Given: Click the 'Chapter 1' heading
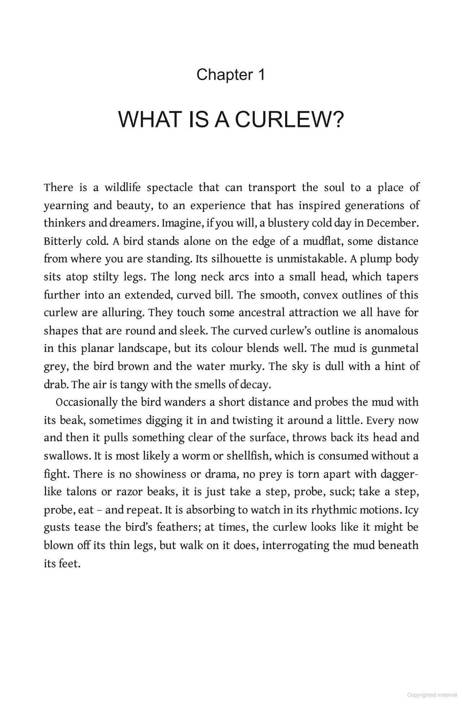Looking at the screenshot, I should click(231, 75).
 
